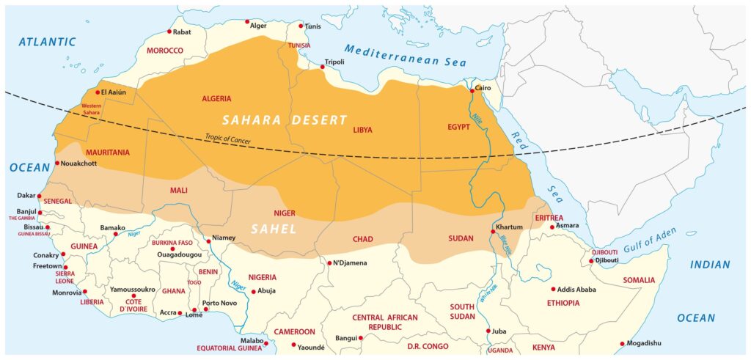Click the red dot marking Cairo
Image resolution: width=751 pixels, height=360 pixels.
(472, 91)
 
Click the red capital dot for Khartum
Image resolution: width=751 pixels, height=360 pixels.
(492, 232)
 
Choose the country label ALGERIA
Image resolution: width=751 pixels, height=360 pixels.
(216, 98)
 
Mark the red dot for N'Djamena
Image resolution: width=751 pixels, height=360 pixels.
(329, 262)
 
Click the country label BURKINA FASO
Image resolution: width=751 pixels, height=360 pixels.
(172, 243)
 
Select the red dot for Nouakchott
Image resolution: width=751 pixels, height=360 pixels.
(57, 164)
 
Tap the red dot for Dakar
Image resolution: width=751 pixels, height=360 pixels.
(39, 196)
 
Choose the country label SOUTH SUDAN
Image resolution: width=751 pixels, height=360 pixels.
(462, 311)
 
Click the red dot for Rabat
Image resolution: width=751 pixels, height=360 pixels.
(169, 32)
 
